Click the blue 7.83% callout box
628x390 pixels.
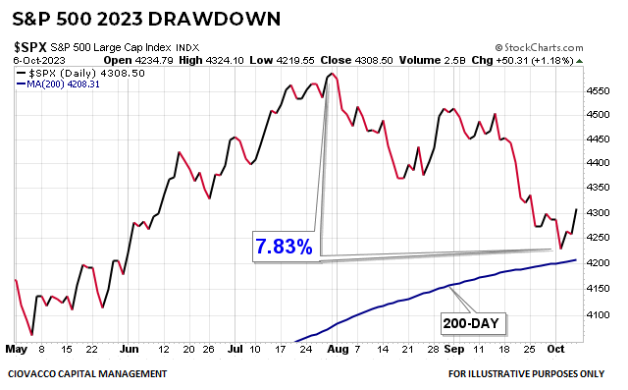click(284, 247)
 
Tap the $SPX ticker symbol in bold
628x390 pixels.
click(27, 46)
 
